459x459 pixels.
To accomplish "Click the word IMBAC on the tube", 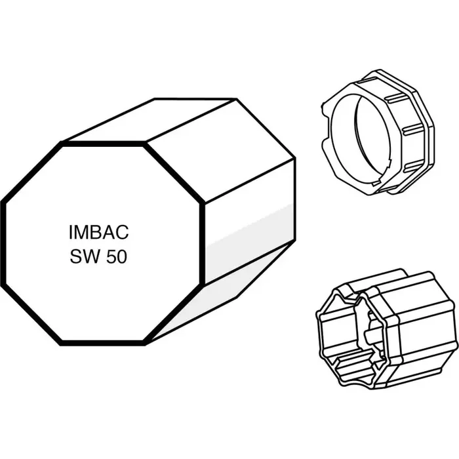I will tap(98, 232).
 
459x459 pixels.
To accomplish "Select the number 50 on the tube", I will tap(116, 256).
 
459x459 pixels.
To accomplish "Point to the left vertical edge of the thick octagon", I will tap(3, 243).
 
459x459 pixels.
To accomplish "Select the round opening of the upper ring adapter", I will tap(361, 141).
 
